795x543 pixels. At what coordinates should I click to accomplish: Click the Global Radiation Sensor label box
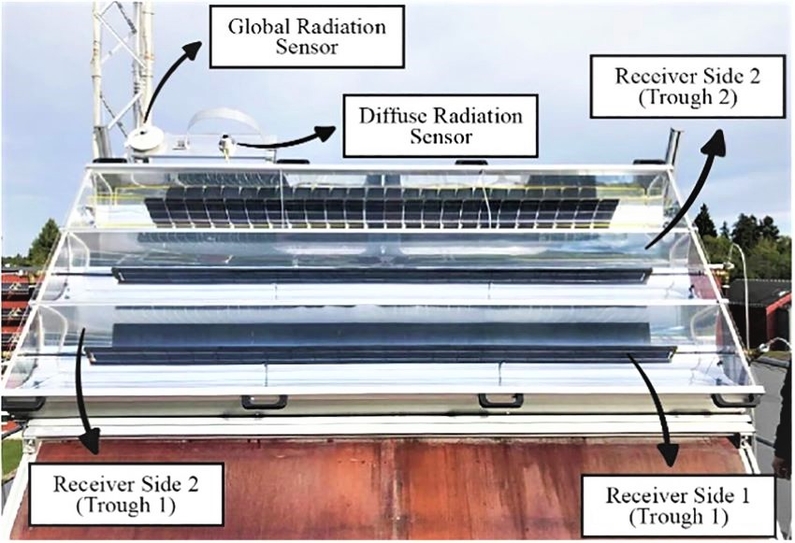307,36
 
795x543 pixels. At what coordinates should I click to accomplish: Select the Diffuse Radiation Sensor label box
441,125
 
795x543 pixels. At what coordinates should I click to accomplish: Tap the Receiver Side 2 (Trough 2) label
687,86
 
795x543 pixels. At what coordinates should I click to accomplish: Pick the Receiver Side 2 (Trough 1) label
125,494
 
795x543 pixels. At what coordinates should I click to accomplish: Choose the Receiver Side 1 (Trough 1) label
678,506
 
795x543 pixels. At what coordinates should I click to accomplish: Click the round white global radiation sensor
145,137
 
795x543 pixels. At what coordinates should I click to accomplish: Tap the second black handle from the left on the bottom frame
264,402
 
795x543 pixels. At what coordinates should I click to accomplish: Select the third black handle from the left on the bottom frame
501,401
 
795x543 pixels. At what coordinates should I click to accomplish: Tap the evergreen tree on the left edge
45,243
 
